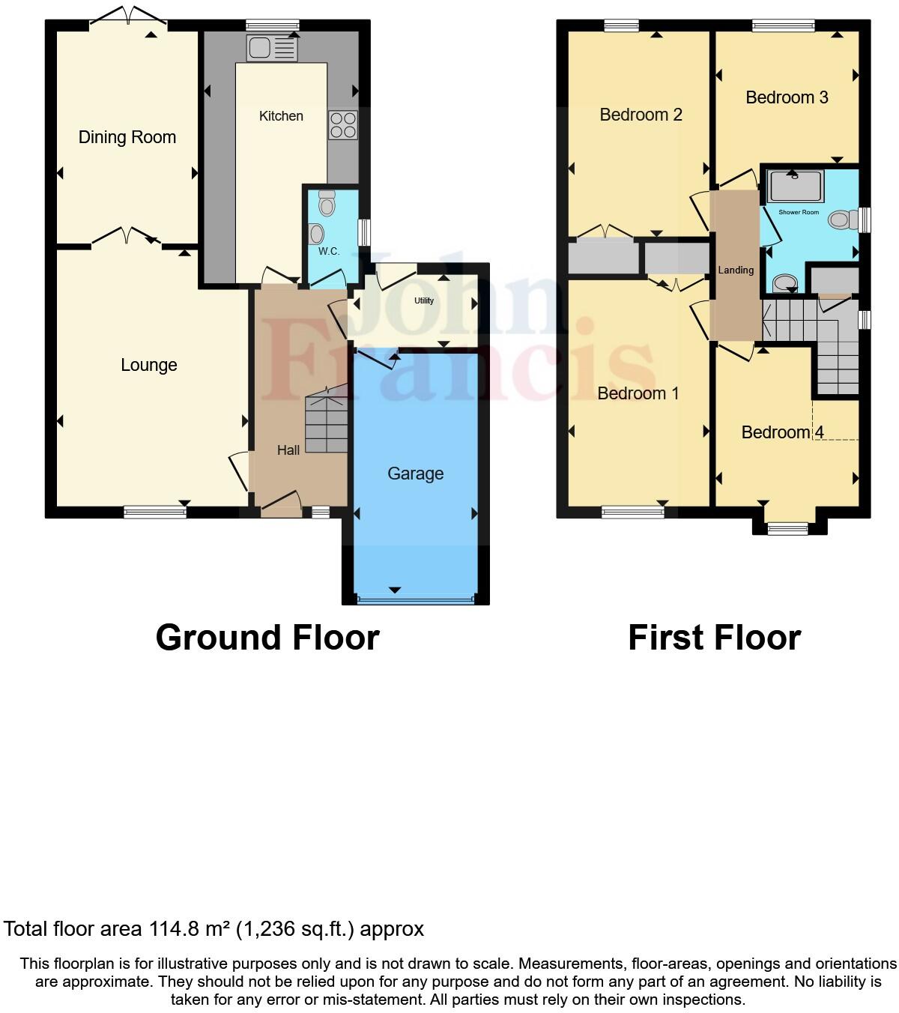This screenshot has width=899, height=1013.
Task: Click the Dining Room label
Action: click(127, 137)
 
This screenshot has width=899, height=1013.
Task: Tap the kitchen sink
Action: click(271, 48)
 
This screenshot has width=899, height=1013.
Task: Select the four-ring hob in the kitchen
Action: click(342, 125)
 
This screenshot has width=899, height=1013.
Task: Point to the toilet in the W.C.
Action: click(327, 202)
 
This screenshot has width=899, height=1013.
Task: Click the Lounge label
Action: click(149, 365)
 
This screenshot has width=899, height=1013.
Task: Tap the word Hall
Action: click(288, 450)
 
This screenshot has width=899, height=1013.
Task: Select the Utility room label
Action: click(424, 300)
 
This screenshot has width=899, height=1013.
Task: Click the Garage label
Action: click(415, 474)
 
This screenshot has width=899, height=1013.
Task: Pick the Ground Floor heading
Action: click(267, 638)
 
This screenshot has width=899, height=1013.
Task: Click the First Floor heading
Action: click(714, 638)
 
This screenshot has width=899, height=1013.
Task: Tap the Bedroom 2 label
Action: click(641, 115)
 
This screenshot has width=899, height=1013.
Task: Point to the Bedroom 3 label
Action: click(787, 97)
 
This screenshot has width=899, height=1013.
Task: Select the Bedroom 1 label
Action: click(638, 393)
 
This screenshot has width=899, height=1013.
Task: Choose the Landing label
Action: click(736, 270)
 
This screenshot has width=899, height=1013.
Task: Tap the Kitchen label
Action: click(281, 116)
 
